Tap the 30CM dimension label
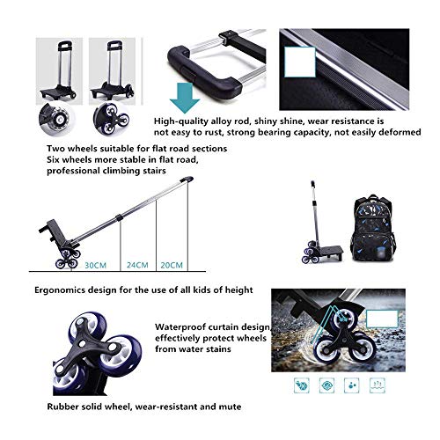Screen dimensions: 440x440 (x=95, y=266)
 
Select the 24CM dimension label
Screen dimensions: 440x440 (x=137, y=265)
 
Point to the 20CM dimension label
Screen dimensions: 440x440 (x=172, y=265)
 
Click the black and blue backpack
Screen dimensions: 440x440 (x=373, y=230)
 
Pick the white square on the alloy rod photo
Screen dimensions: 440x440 (x=299, y=62)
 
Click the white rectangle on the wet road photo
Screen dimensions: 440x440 (x=382, y=319)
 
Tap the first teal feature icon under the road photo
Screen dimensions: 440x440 (x=302, y=385)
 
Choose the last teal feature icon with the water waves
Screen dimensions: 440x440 (x=378, y=385)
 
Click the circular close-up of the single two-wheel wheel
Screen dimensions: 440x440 (x=56, y=119)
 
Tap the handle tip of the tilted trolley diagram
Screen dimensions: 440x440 (x=187, y=179)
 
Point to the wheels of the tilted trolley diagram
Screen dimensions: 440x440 (x=68, y=258)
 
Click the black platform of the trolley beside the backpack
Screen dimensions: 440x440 (x=330, y=253)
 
